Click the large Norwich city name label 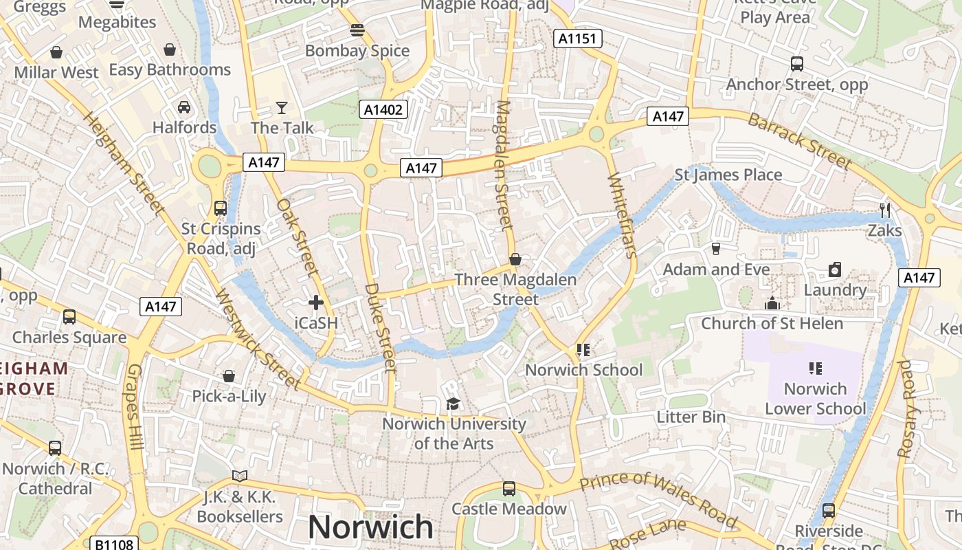[x=370, y=527]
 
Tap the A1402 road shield [x=383, y=109]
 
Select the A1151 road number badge [x=577, y=39]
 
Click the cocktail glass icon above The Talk [x=282, y=107]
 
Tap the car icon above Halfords [x=184, y=107]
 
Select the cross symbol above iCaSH [x=316, y=302]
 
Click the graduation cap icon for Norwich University [x=453, y=404]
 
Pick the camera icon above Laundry [x=835, y=269]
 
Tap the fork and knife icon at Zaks [x=885, y=210]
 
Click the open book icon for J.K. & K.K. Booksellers [x=239, y=476]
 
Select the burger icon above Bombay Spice [x=357, y=30]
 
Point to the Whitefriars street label [x=622, y=215]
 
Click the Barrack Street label [x=800, y=141]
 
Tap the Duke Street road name [x=380, y=327]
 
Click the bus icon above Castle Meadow [x=508, y=488]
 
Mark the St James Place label [x=728, y=175]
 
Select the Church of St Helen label [x=772, y=323]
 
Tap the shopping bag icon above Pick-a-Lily [x=229, y=376]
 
